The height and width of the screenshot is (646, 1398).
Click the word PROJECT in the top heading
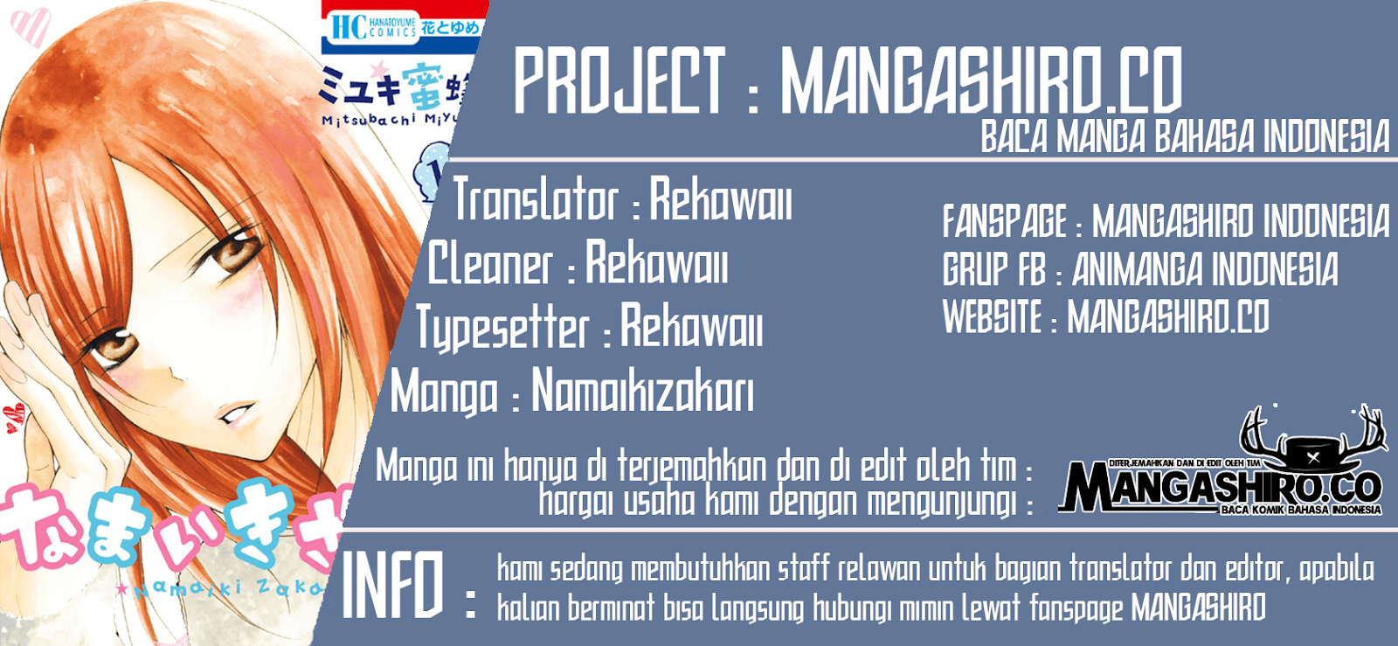(619, 81)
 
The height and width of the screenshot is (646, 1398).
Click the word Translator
(536, 200)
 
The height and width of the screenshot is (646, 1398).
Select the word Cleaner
(490, 264)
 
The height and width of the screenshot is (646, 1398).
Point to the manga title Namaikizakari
(642, 391)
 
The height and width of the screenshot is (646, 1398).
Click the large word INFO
(393, 586)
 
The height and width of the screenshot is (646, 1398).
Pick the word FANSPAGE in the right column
(1004, 222)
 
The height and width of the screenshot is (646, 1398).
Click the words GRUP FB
(993, 269)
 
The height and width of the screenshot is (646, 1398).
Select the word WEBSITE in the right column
(992, 316)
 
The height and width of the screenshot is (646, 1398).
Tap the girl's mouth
(236, 413)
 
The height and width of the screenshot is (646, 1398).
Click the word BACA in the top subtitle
(1014, 138)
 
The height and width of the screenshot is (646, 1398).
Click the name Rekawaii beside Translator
(721, 200)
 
